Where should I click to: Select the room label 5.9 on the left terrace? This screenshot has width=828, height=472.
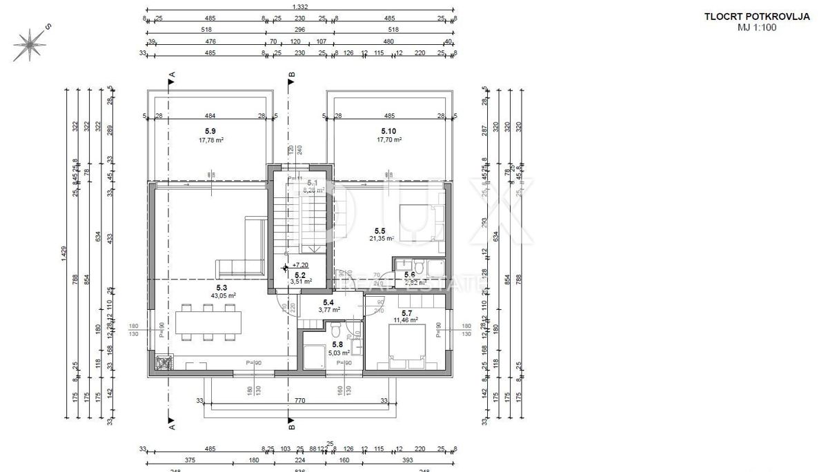coord(210,130)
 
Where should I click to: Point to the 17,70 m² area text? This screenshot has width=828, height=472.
coord(389,139)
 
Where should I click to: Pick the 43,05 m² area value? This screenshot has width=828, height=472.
coord(224,295)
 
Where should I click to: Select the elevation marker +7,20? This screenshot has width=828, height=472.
coord(299,265)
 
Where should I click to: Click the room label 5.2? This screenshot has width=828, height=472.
coord(299,273)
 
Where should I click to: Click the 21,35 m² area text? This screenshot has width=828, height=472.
coord(380,239)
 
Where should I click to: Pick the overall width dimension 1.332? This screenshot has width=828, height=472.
coord(299,6)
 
